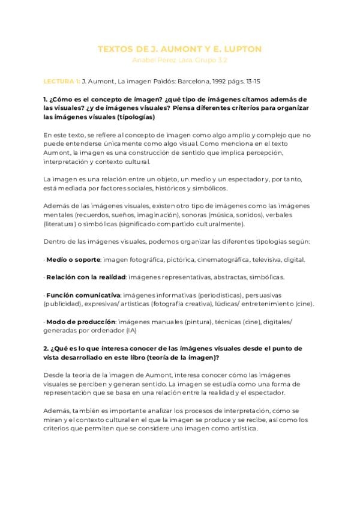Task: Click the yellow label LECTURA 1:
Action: [x=61, y=79]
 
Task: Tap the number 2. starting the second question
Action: [x=46, y=348]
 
